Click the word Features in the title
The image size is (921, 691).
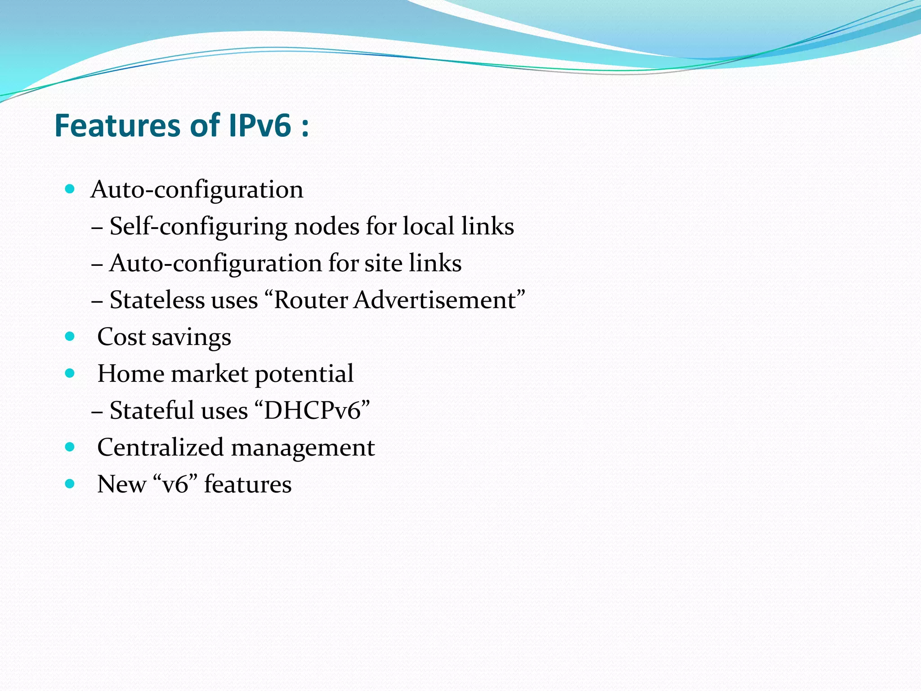pyautogui.click(x=115, y=126)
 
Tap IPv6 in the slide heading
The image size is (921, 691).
pyautogui.click(x=260, y=126)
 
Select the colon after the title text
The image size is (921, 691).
pyautogui.click(x=305, y=127)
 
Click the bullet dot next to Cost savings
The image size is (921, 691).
pyautogui.click(x=69, y=336)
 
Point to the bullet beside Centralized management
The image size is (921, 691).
pyautogui.click(x=69, y=447)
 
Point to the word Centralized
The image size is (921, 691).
pyautogui.click(x=160, y=448)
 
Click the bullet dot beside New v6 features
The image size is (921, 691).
pyautogui.click(x=69, y=484)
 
